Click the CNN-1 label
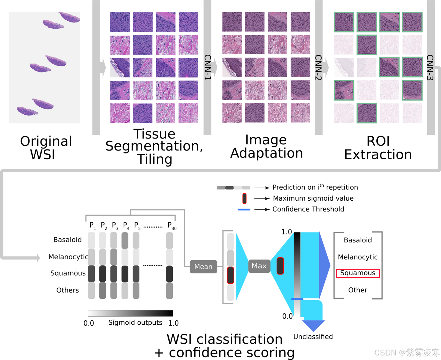(x=208, y=67)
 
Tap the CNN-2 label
(x=318, y=67)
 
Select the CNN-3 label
(x=430, y=67)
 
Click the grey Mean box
(x=203, y=267)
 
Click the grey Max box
(x=259, y=266)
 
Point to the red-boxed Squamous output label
(x=358, y=273)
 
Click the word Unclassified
(x=313, y=337)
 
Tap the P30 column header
(x=172, y=226)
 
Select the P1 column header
(x=92, y=226)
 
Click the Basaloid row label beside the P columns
(x=68, y=240)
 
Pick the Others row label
(x=68, y=290)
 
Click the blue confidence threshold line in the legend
(x=244, y=209)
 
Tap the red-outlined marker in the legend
(x=244, y=198)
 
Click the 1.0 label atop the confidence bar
(x=286, y=232)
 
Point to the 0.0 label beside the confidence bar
(x=287, y=316)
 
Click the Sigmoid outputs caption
(x=135, y=322)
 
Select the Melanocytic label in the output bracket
(x=358, y=257)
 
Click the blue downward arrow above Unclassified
(x=313, y=325)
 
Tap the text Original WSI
(x=46, y=148)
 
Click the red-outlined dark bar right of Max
(x=280, y=266)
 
